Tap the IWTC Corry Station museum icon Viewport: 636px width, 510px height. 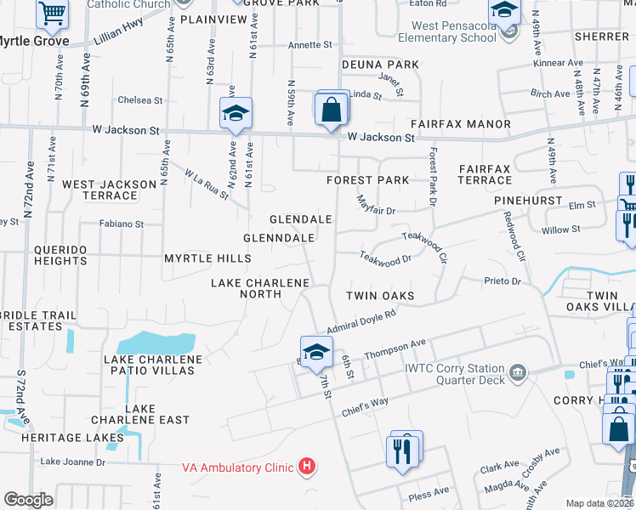(x=517, y=373)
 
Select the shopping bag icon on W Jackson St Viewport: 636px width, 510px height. (x=332, y=110)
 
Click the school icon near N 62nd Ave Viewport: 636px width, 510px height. (x=236, y=114)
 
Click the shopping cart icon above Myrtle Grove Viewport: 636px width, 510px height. (x=53, y=13)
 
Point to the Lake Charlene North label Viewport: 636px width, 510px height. (x=247, y=288)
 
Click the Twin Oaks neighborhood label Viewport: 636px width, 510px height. (x=379, y=296)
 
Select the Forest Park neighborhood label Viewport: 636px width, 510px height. (x=368, y=180)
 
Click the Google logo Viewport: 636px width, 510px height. (x=28, y=500)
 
